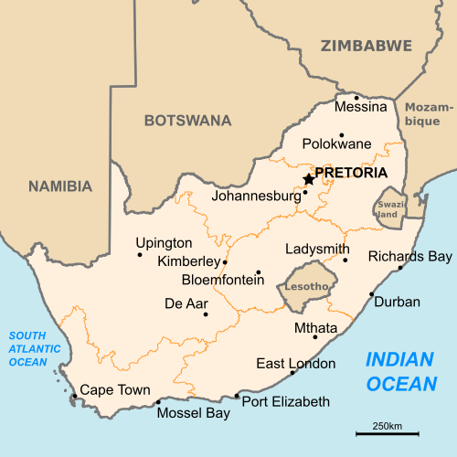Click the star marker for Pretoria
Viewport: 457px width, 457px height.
[308, 179]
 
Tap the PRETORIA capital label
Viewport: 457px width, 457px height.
[350, 173]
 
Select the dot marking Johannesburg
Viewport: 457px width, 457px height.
[305, 193]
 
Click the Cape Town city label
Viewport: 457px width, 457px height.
[115, 390]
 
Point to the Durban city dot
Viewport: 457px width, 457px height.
[371, 294]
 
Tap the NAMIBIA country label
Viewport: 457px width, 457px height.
[60, 186]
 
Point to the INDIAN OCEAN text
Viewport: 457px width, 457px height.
[400, 371]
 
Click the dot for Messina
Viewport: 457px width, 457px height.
[356, 96]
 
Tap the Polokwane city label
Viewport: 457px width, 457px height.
[337, 143]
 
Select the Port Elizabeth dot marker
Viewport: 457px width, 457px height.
[237, 396]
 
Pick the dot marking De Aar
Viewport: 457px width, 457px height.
[206, 314]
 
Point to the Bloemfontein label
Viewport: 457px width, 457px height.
[223, 280]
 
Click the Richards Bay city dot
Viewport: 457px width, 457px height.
[400, 268]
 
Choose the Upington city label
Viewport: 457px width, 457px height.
[164, 243]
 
